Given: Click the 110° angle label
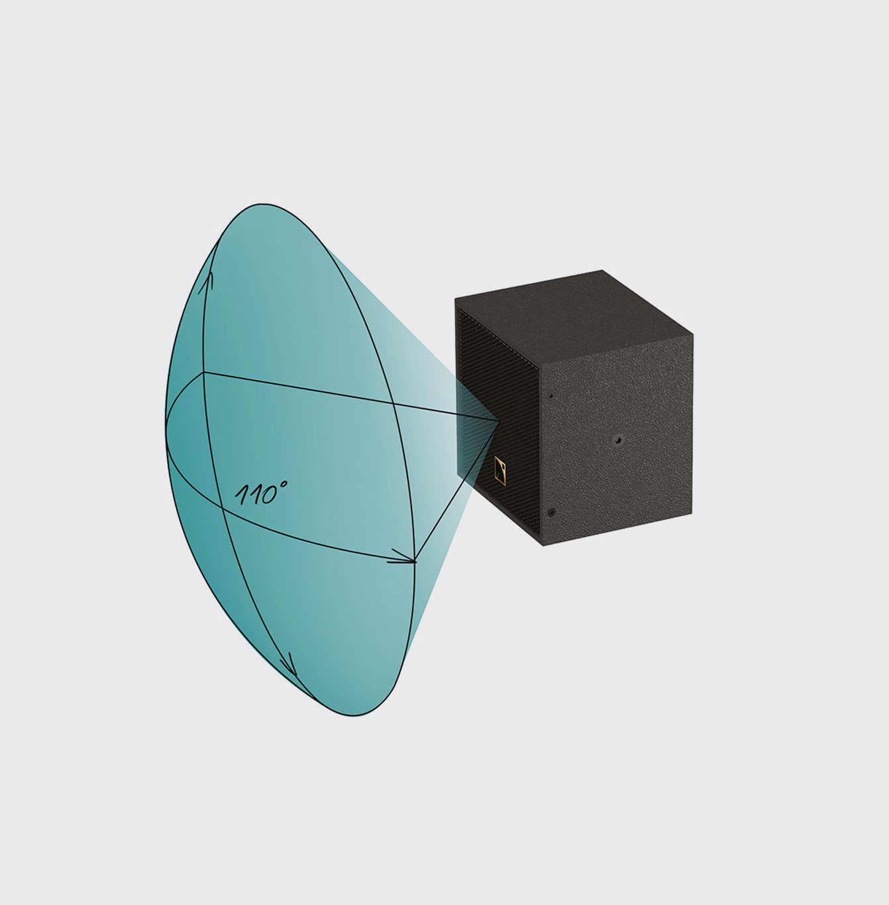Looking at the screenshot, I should pyautogui.click(x=260, y=493).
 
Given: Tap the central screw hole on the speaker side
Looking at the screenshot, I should pyautogui.click(x=617, y=438).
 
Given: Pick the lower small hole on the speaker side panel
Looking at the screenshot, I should pyautogui.click(x=551, y=512).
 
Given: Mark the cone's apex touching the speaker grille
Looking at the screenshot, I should pyautogui.click(x=498, y=420).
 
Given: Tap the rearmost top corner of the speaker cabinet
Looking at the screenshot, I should pyautogui.click(x=602, y=271).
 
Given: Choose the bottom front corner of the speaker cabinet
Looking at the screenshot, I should pyautogui.click(x=543, y=546).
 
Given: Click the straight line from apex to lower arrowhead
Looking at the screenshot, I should pyautogui.click(x=457, y=490).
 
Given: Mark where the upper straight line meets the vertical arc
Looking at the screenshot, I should pyautogui.click(x=203, y=373).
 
